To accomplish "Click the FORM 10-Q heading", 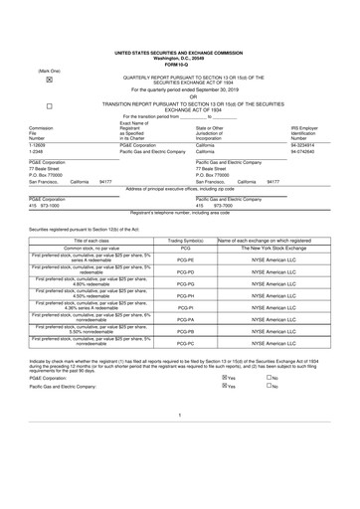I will pos(179,65).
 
